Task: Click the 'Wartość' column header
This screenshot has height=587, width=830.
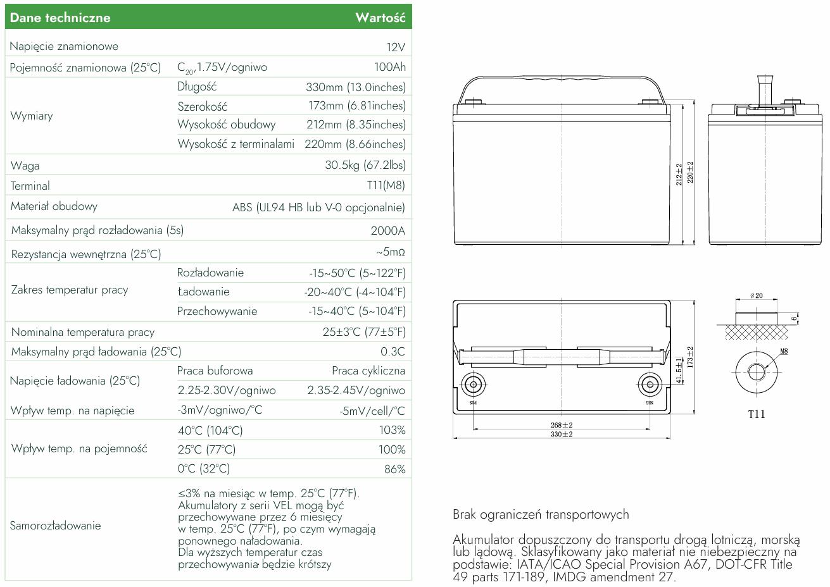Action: point(380,18)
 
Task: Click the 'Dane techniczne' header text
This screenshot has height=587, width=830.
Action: point(60,18)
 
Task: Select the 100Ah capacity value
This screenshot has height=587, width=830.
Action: point(390,67)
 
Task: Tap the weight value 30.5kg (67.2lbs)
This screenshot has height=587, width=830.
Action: point(365,165)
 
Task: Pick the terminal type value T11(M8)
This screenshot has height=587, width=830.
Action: point(386,185)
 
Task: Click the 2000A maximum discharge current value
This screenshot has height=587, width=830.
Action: point(387,231)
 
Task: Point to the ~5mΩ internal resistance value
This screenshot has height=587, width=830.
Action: point(390,253)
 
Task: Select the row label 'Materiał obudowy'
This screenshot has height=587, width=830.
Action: point(54,206)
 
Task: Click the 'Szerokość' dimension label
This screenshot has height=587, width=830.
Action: point(202,106)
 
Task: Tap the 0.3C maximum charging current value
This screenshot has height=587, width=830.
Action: point(393,351)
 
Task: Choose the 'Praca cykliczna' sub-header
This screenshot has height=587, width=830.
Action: point(368,371)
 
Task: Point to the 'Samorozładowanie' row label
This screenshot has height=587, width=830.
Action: point(55,526)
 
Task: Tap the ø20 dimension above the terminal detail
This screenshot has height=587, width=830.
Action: point(756,296)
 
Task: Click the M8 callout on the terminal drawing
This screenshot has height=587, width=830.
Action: point(784,351)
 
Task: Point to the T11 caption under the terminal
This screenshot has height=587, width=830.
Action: point(757,415)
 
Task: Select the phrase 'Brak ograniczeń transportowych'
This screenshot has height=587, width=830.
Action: point(541,514)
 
